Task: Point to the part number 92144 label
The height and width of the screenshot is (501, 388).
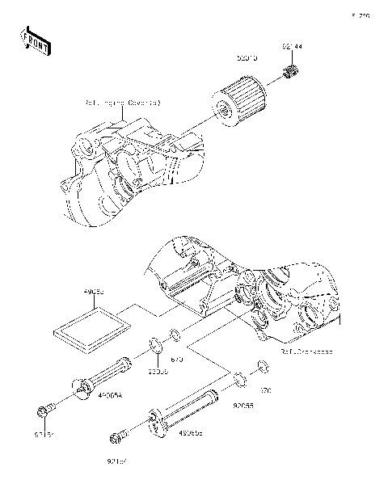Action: (x=292, y=47)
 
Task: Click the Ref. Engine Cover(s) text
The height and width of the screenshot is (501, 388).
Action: (x=123, y=103)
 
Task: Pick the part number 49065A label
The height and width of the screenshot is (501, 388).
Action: (x=110, y=396)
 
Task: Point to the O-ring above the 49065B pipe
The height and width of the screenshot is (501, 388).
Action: (x=240, y=377)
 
